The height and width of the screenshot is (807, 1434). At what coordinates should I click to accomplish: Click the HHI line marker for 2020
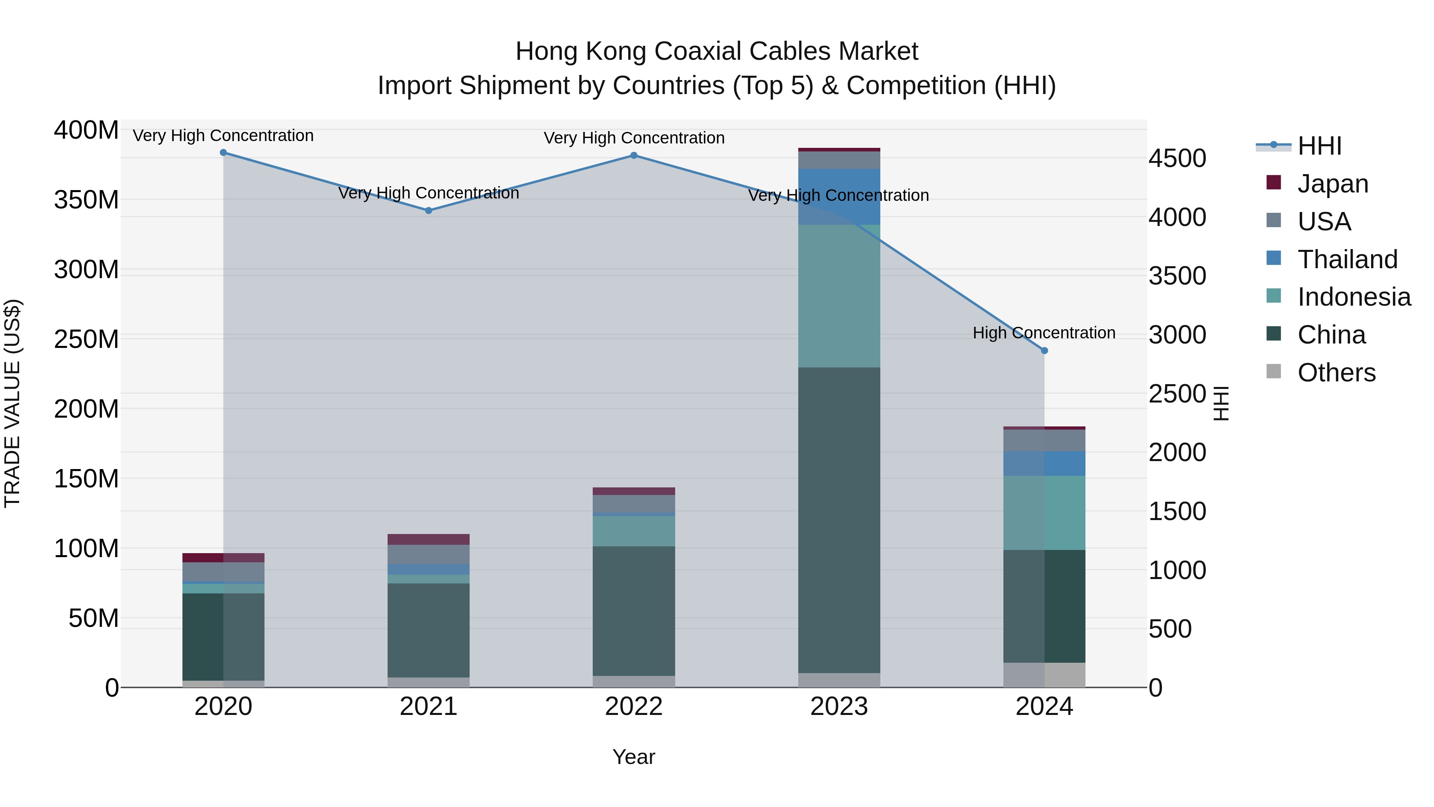coord(223,153)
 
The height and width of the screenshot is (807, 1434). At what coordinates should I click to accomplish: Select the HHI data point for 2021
coord(429,210)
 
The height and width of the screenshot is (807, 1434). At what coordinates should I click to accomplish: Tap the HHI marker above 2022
coord(633,155)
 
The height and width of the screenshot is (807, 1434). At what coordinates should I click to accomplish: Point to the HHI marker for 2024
coord(1044,351)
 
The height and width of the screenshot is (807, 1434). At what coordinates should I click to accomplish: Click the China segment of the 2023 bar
coord(839,520)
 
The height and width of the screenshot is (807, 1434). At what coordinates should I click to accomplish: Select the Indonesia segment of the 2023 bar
coord(839,296)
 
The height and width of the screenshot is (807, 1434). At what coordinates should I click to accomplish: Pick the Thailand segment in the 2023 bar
coord(839,196)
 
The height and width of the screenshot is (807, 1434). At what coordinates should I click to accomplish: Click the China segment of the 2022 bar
coord(633,611)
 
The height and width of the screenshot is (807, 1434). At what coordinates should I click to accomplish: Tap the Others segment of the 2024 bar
coord(1044,675)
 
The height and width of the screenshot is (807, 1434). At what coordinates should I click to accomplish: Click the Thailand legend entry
coord(1347,259)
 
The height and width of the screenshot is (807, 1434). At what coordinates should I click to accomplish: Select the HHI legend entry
coord(1319,146)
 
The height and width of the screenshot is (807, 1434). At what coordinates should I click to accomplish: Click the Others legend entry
coord(1336,373)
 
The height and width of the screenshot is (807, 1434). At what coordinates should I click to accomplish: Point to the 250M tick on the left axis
coord(86,339)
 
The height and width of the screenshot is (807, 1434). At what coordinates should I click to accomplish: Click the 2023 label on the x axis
coord(839,707)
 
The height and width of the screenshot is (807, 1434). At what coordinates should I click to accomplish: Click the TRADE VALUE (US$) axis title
coord(12,403)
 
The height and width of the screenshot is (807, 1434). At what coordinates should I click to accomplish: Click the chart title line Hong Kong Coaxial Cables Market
coord(717,51)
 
